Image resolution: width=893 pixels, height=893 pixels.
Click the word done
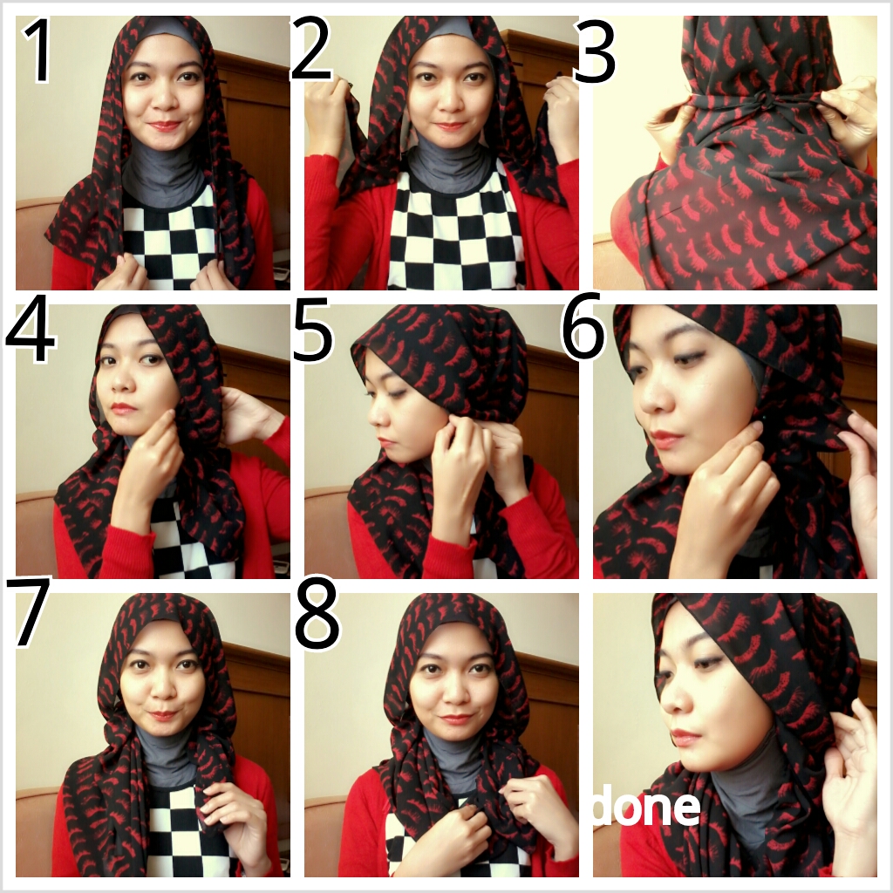pyautogui.click(x=645, y=808)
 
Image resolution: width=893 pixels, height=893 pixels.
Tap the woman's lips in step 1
pyautogui.click(x=163, y=126)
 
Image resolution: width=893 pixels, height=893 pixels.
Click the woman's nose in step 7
pyautogui.click(x=161, y=689)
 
